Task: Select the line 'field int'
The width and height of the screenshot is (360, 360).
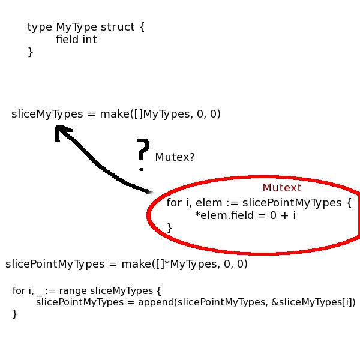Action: pyautogui.click(x=76, y=40)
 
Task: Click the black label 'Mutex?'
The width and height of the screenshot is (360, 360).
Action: pyautogui.click(x=175, y=157)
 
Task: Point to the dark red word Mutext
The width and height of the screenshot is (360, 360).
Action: pyautogui.click(x=282, y=188)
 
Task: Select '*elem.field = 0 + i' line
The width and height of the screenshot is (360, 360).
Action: pyautogui.click(x=245, y=215)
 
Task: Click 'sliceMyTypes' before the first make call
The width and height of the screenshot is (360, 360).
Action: pyautogui.click(x=47, y=114)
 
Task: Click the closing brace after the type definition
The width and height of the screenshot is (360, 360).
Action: pyautogui.click(x=30, y=52)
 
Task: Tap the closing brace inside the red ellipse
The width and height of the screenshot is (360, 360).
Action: pyautogui.click(x=169, y=227)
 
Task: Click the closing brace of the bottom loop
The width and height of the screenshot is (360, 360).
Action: pyautogui.click(x=14, y=314)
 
